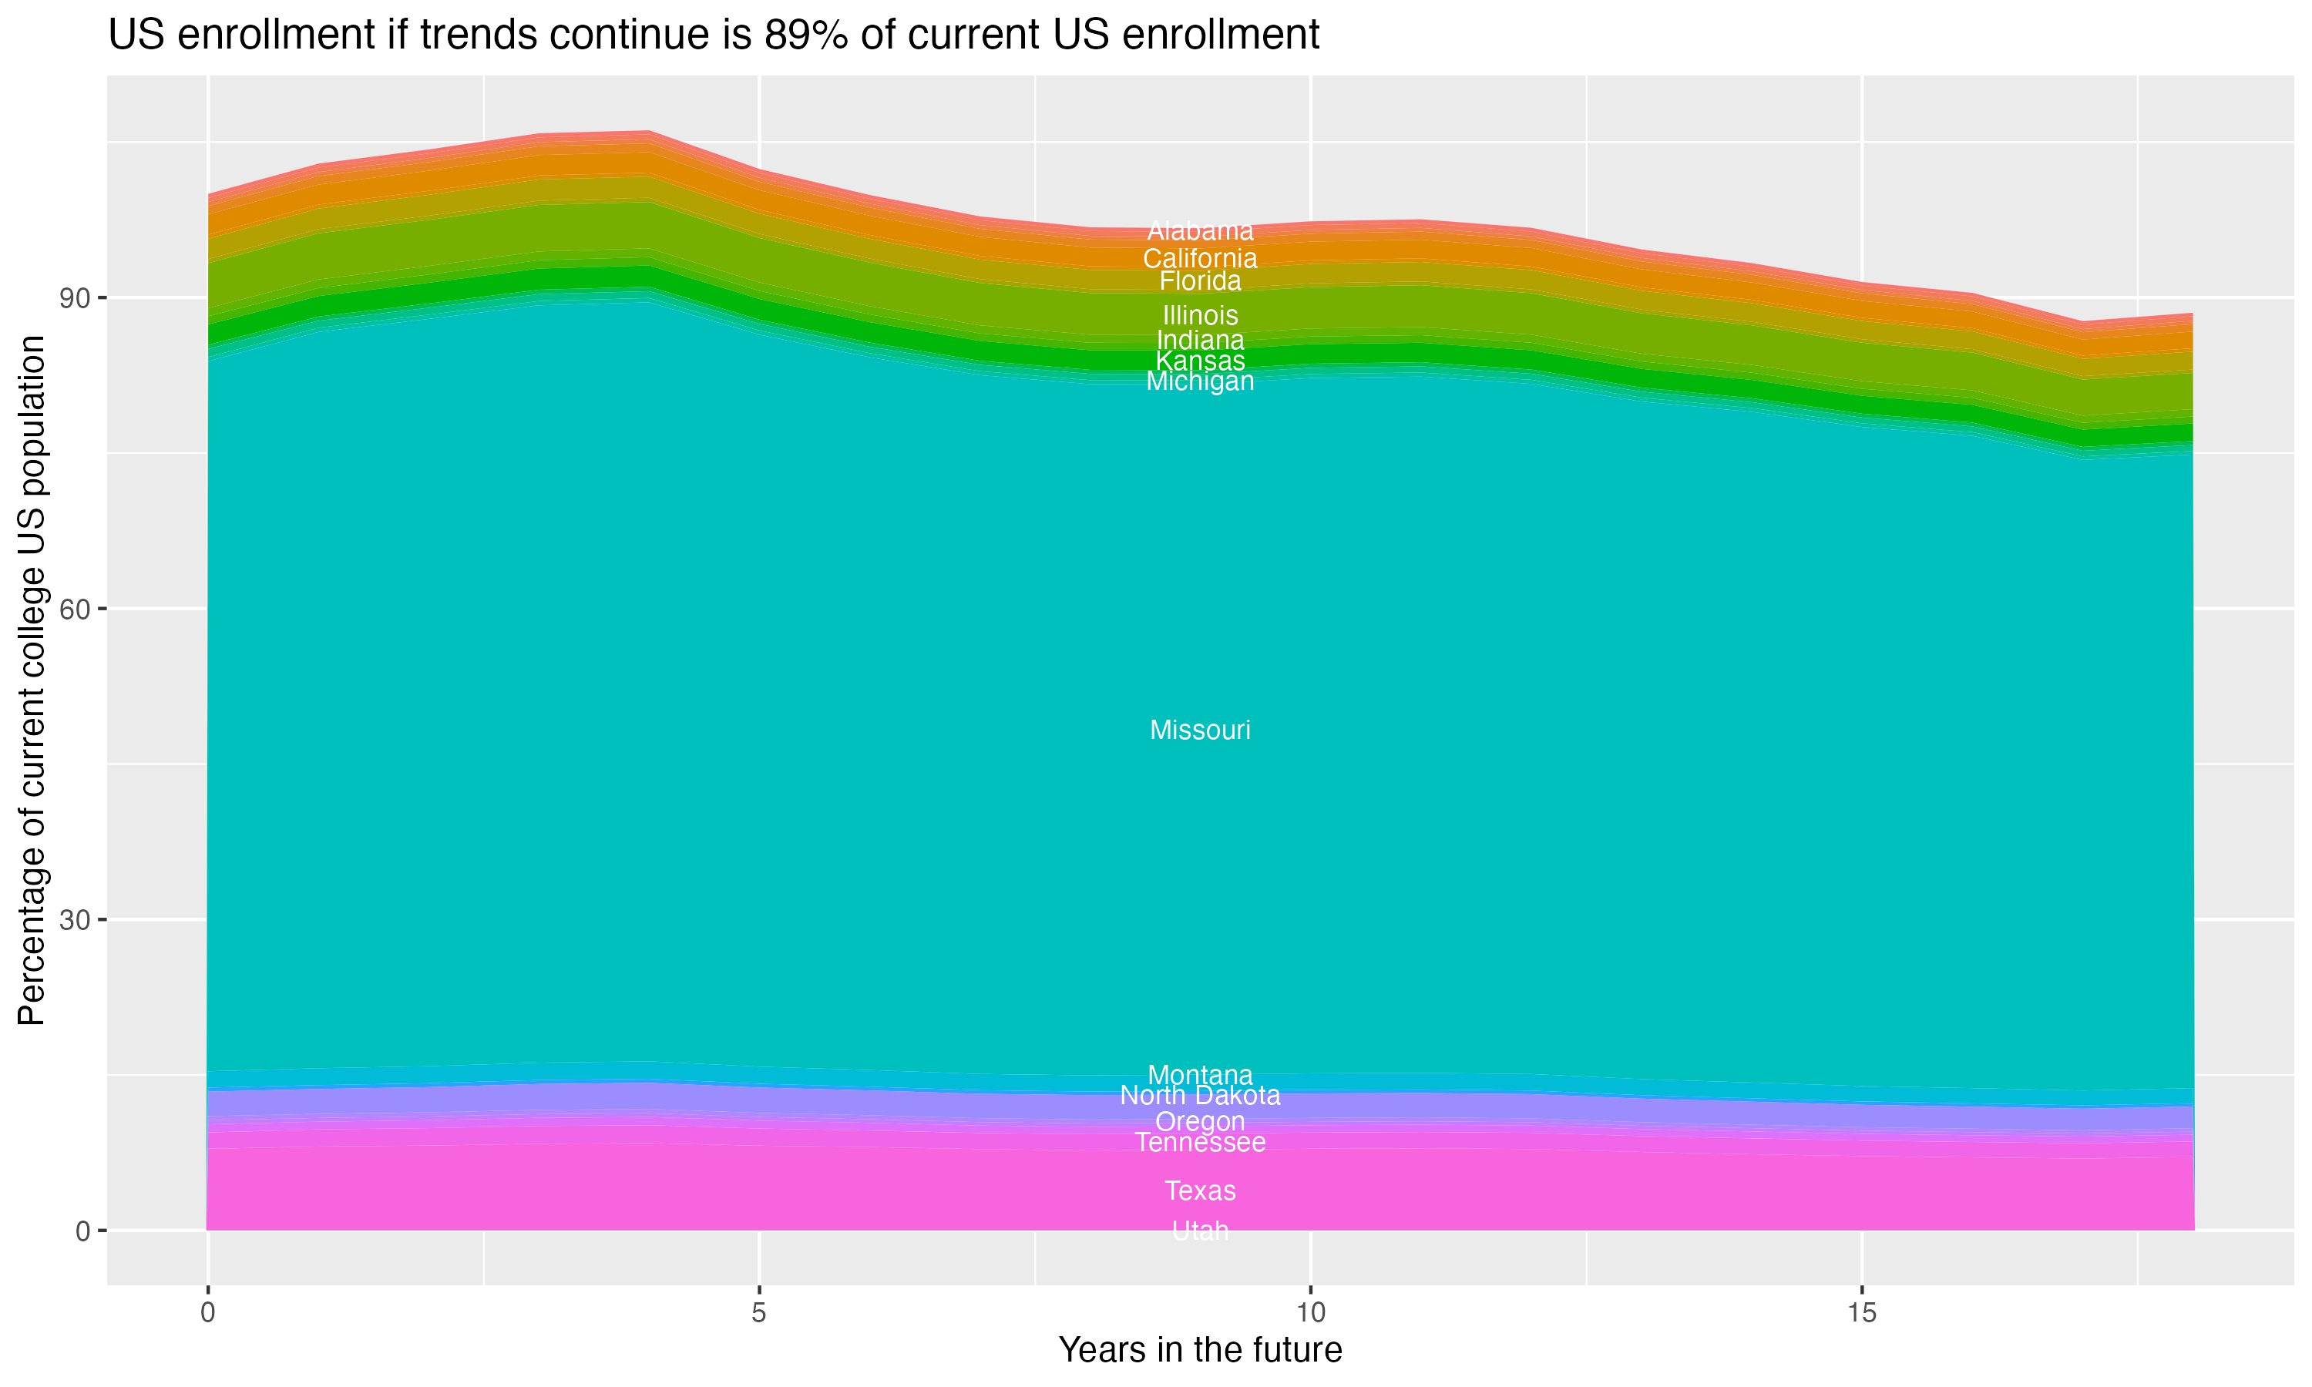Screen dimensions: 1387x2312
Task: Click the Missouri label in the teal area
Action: (1200, 730)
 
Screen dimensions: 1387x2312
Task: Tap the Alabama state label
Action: (1200, 231)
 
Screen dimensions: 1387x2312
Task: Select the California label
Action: (1200, 258)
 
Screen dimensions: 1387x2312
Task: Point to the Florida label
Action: (1200, 281)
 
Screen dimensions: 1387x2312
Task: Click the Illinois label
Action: (1200, 316)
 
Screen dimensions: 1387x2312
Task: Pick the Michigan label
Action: (1200, 381)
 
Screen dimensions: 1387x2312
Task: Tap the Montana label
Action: (1200, 1075)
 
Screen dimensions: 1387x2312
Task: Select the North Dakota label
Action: (1200, 1096)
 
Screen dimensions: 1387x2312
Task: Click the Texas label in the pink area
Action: (1200, 1191)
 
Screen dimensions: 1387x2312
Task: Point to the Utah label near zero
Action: (1200, 1231)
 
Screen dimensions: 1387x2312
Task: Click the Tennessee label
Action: (1200, 1143)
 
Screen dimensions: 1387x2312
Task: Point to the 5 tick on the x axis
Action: (759, 1313)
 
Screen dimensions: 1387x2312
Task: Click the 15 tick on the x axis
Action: (1862, 1313)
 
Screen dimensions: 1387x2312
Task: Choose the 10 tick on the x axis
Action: (1310, 1313)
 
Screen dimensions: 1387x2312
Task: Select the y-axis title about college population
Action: (32, 680)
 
